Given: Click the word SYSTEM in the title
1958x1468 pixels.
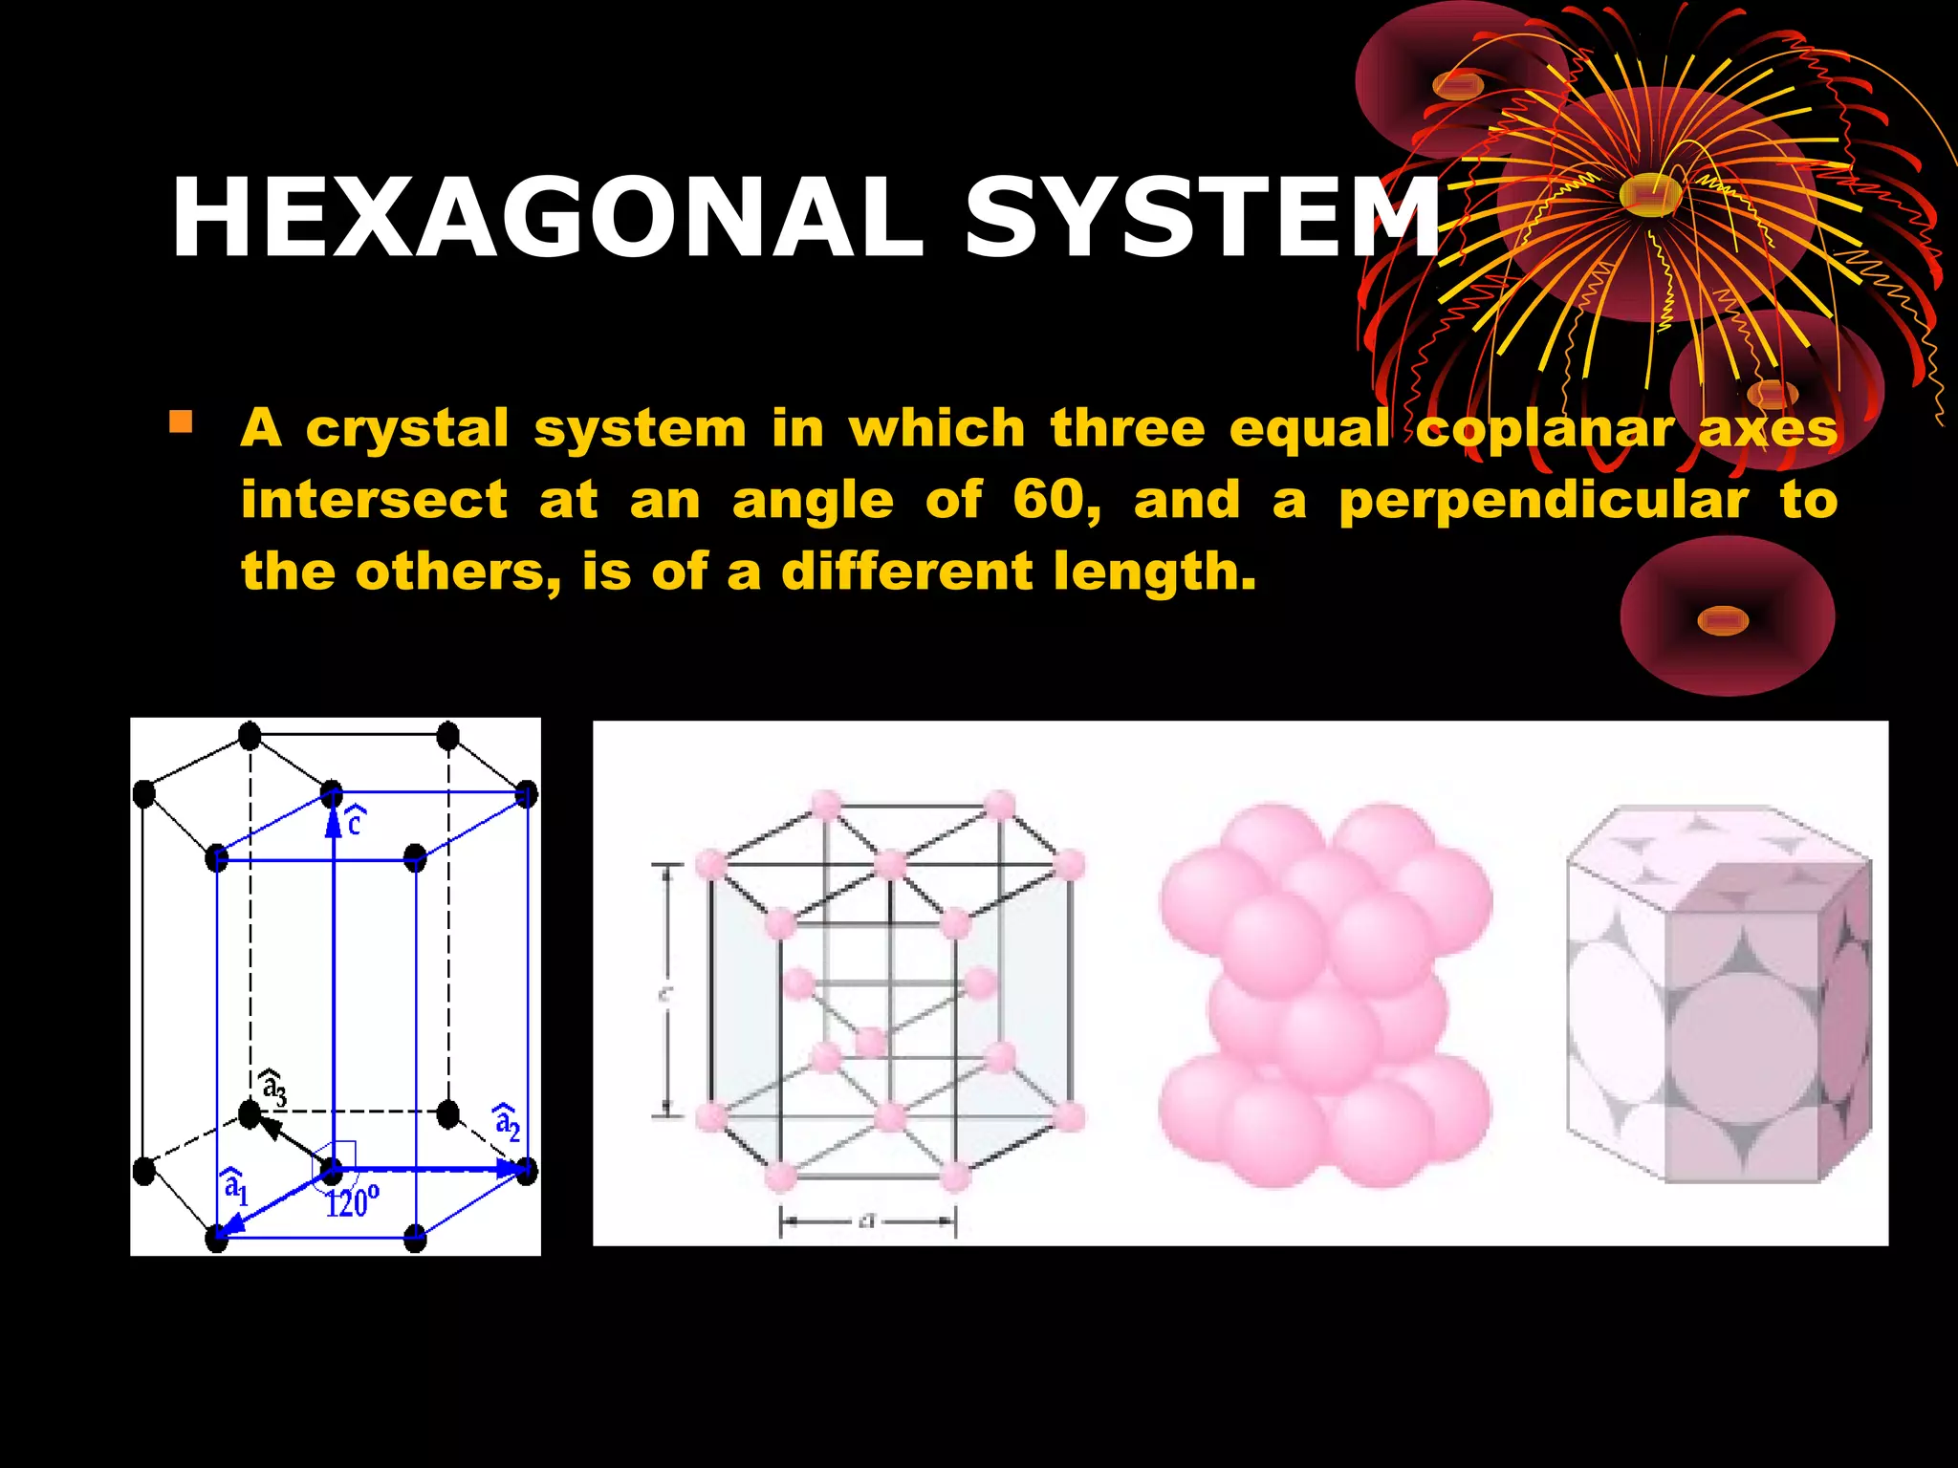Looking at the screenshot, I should click(x=1203, y=217).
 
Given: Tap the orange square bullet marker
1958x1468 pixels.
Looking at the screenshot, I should click(x=181, y=421).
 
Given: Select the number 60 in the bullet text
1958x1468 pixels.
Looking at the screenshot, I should click(x=1055, y=500).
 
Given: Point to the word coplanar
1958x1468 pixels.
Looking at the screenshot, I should click(x=1546, y=428).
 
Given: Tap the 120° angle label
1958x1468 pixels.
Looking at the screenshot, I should click(x=352, y=1201).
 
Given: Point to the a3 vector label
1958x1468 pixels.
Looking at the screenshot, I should click(x=273, y=1089).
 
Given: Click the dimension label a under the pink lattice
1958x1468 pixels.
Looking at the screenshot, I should click(x=867, y=1220).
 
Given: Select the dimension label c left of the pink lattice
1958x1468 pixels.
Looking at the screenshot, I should click(x=665, y=994).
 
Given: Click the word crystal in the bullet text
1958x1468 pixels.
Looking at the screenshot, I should click(x=407, y=428).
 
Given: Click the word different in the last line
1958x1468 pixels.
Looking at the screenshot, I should click(x=907, y=572).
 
